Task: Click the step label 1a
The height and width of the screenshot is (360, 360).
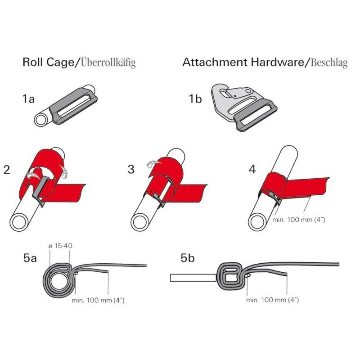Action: click(x=28, y=99)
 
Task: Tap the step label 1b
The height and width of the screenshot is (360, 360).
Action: click(x=195, y=99)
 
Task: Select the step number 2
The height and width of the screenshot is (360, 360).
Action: click(x=7, y=170)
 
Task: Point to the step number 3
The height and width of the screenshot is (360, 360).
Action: click(x=131, y=169)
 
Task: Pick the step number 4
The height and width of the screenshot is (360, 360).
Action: click(x=252, y=170)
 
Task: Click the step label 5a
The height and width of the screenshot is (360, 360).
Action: click(x=30, y=258)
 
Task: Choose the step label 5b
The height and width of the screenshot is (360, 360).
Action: click(x=188, y=258)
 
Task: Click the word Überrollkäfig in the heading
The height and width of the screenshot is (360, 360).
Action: click(x=108, y=63)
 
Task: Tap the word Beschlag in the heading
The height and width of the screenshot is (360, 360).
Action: click(x=329, y=63)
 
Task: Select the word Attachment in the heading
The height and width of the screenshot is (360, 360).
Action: click(x=215, y=62)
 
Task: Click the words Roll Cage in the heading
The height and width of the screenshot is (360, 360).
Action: click(x=49, y=62)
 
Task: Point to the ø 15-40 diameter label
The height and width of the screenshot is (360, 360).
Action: click(x=60, y=246)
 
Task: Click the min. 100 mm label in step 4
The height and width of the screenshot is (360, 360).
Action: click(x=299, y=220)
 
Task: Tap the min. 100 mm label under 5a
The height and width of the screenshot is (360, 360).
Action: click(x=98, y=300)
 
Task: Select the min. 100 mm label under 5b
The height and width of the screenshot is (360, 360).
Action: click(x=273, y=300)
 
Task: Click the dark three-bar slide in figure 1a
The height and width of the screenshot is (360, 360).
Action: click(x=74, y=106)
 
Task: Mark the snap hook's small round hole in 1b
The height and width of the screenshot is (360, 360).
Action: click(x=248, y=91)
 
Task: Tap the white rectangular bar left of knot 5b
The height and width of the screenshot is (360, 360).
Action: click(x=193, y=278)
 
